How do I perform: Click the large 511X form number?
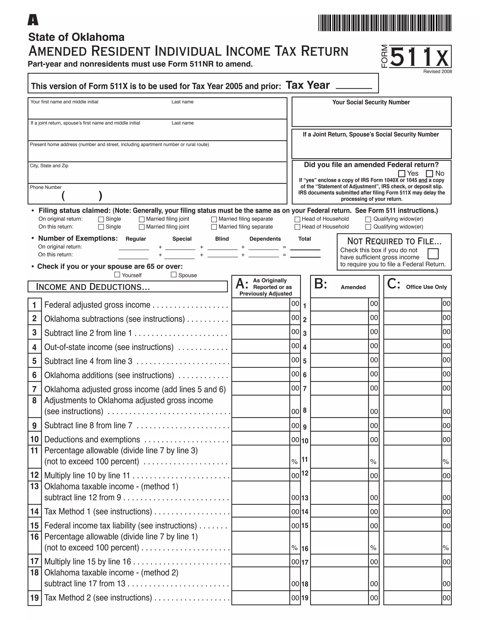coord(420,57)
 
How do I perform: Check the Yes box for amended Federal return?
coord(401,173)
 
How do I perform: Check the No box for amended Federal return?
coord(429,173)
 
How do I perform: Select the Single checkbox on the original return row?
coord(101,219)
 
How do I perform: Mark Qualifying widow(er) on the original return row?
coord(368,219)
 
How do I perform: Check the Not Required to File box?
coord(433,254)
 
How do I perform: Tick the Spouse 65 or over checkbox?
coord(174,274)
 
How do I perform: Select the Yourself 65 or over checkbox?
coord(117,274)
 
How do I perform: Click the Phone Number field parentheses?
coord(82,196)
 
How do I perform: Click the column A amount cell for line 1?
coord(260,305)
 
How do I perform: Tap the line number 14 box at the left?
coord(34,511)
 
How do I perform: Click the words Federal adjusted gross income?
coord(97,305)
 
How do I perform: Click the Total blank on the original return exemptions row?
coord(305,247)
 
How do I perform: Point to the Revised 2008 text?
coord(437,72)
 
